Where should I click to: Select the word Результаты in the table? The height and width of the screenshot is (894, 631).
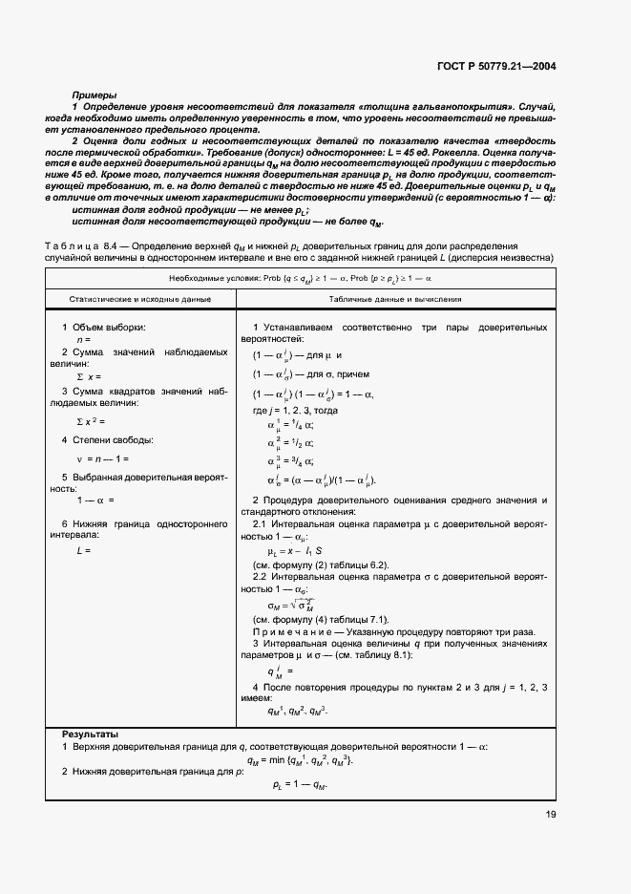click(x=91, y=732)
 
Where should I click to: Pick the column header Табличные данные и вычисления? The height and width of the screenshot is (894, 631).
click(x=391, y=299)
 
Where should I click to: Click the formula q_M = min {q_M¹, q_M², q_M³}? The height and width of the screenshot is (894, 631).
click(x=300, y=759)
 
